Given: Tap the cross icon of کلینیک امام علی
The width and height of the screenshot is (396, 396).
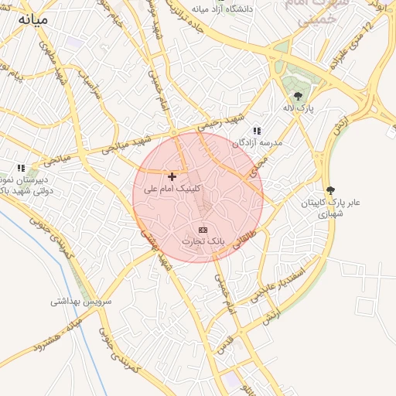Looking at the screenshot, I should click(x=172, y=177).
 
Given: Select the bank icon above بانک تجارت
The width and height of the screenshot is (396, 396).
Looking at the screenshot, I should click(x=203, y=230).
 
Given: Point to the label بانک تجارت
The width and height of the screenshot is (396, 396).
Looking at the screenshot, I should click(x=203, y=241).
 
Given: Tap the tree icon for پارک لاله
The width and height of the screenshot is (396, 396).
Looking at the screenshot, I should click(x=299, y=97).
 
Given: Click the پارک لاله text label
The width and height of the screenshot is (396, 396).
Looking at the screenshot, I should click(x=298, y=109).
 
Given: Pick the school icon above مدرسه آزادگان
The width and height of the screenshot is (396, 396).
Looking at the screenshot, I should click(x=257, y=131).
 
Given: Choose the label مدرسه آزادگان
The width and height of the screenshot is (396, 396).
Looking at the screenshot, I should click(x=258, y=143).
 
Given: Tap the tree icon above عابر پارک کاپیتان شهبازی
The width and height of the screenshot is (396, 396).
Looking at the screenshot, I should click(x=331, y=189).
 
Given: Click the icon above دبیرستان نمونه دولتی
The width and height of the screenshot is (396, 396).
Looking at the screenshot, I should click(x=22, y=167).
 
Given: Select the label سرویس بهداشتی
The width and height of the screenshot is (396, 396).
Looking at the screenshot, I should click(x=82, y=300).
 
